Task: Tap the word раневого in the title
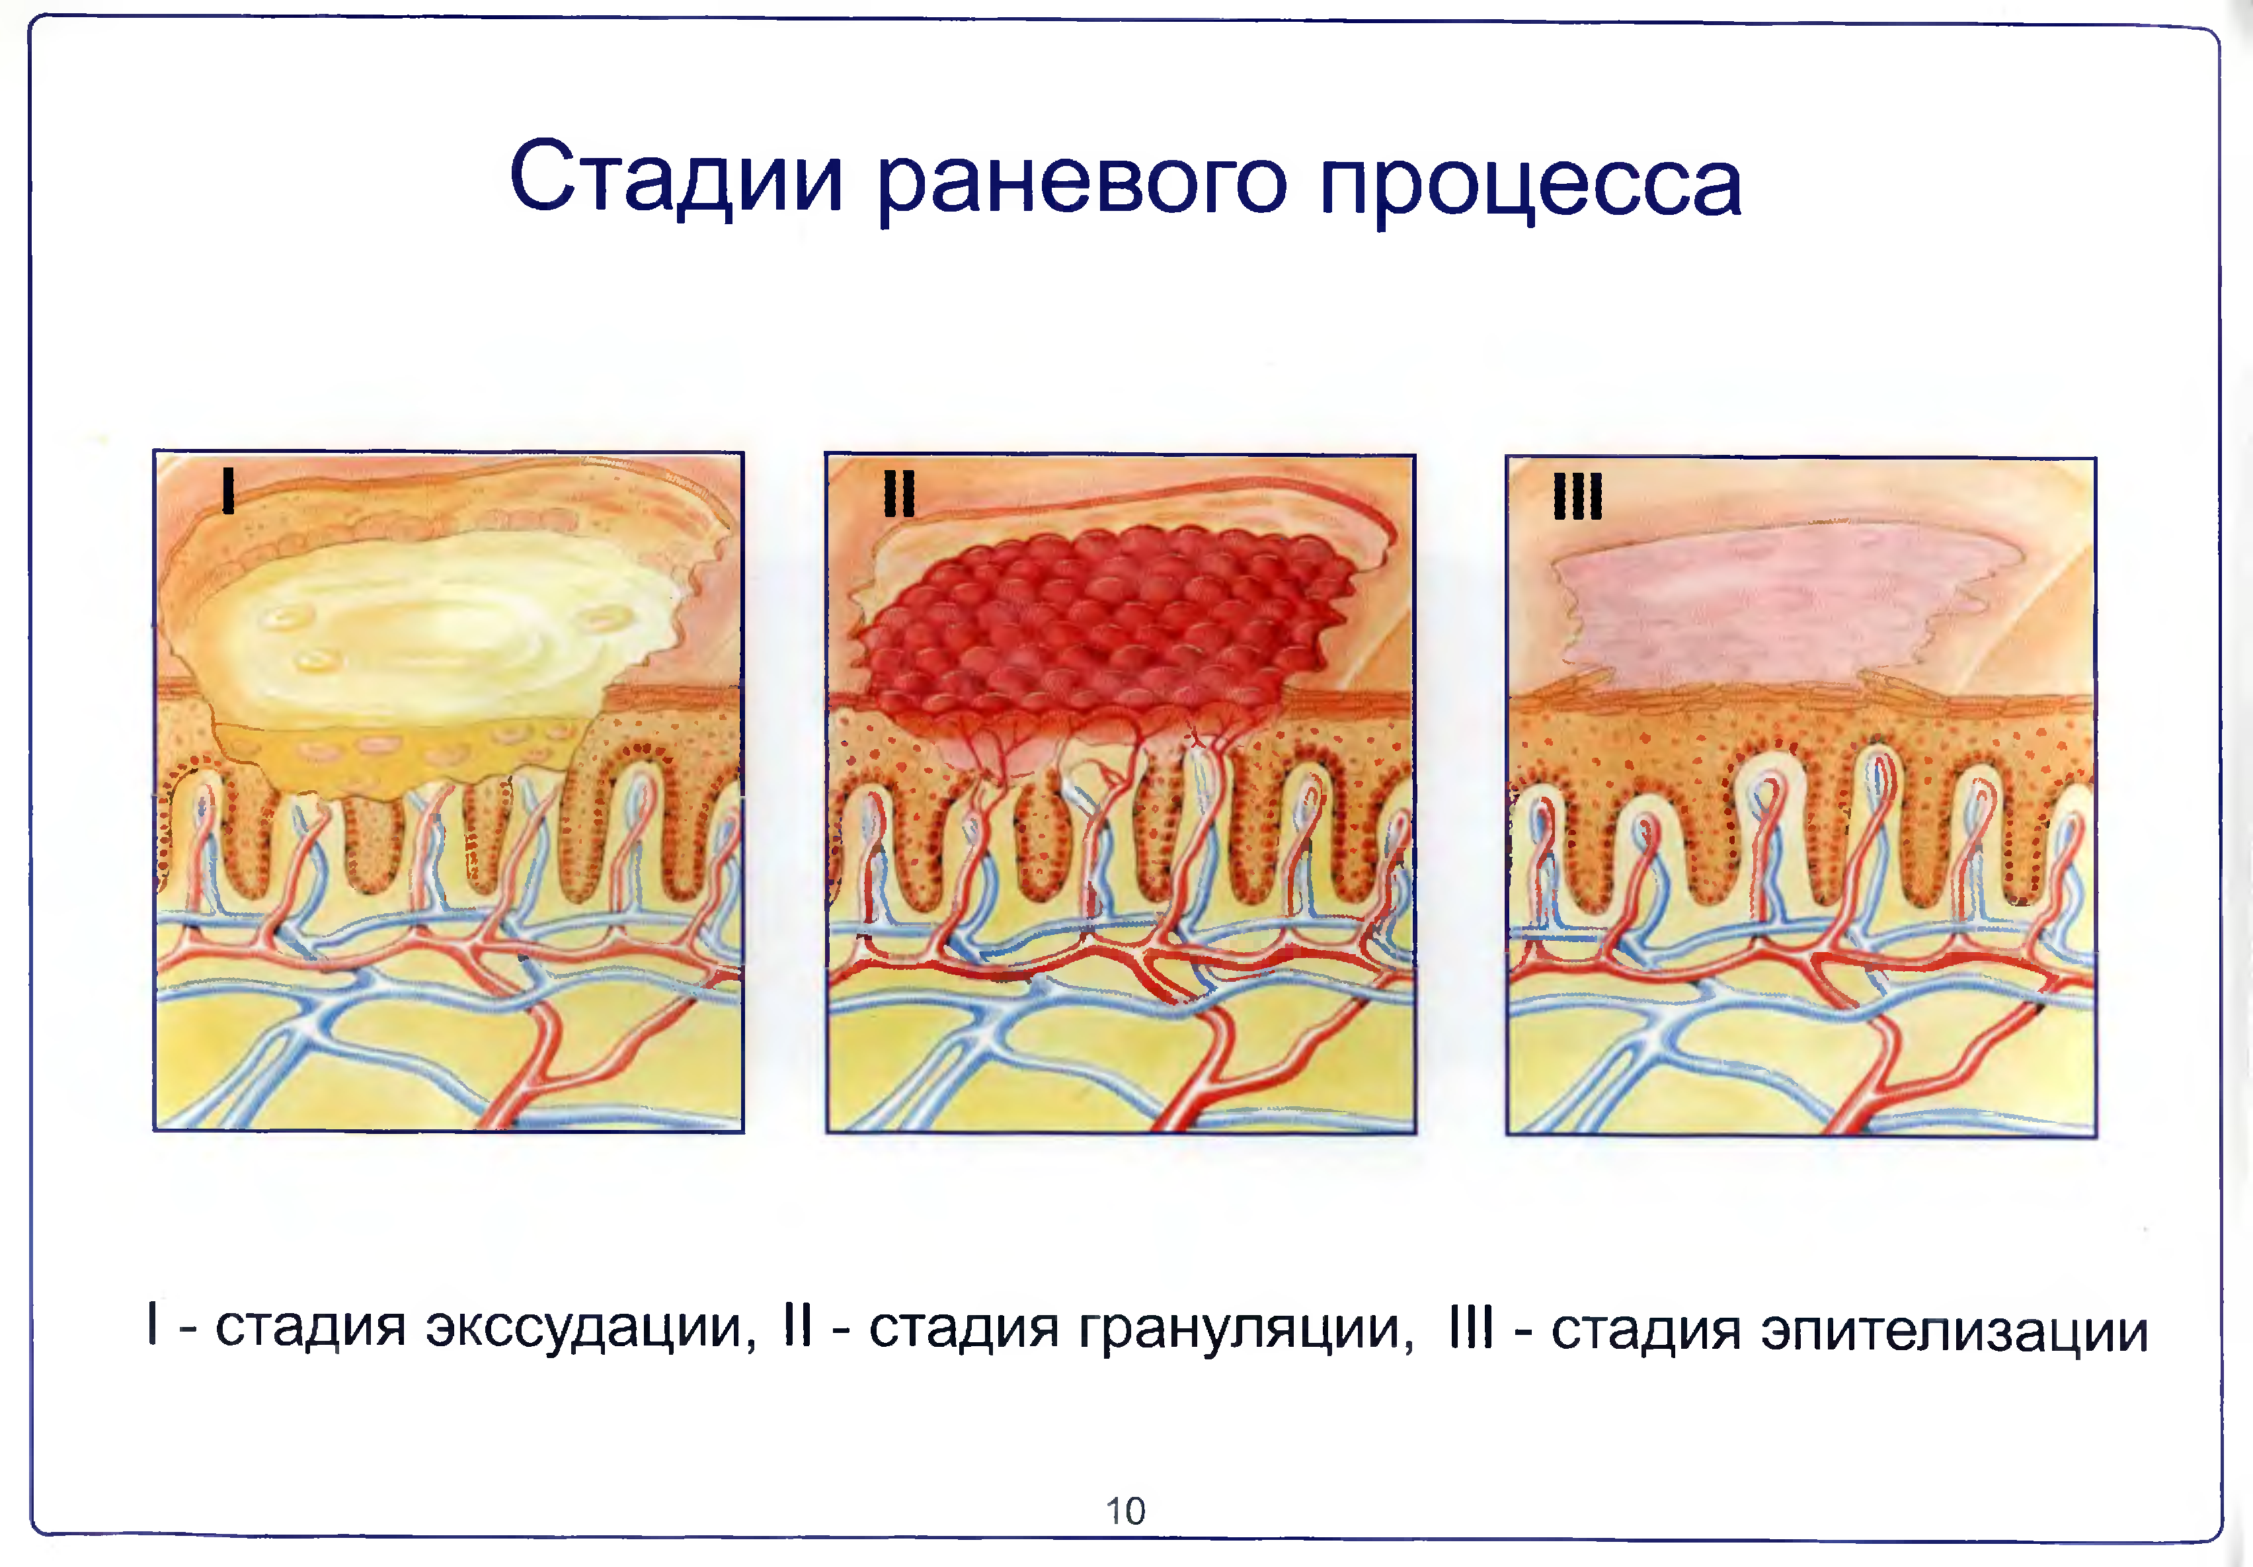coord(1080,182)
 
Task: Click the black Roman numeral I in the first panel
coord(229,490)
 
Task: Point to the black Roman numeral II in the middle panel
coord(899,493)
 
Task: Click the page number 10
coord(1126,1511)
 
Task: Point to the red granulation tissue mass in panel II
coord(1099,628)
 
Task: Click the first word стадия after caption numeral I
coord(310,1328)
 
